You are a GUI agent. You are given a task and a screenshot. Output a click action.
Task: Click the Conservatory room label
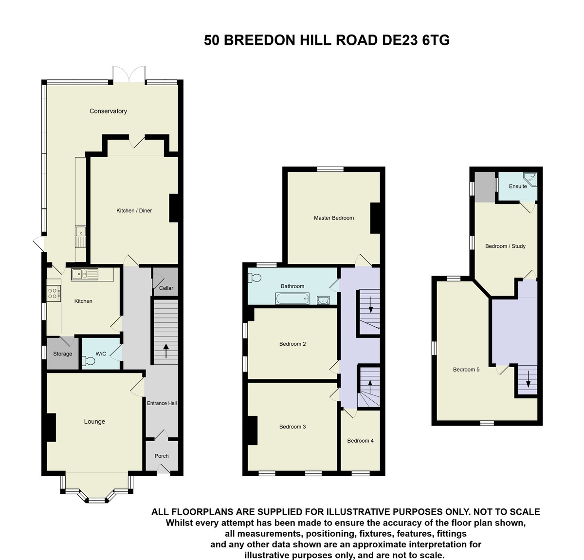pyautogui.click(x=108, y=111)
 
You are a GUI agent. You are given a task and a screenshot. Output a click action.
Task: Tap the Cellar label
pyautogui.click(x=166, y=288)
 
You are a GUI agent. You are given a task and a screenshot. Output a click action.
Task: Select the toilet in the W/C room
pyautogui.click(x=89, y=361)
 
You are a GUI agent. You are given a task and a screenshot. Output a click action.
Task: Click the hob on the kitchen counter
pyautogui.click(x=53, y=293)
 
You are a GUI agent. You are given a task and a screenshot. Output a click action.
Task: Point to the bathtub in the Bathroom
pyautogui.click(x=292, y=299)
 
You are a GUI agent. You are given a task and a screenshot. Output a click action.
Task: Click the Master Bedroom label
pyautogui.click(x=333, y=218)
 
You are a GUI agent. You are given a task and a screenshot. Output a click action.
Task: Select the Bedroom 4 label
pyautogui.click(x=360, y=441)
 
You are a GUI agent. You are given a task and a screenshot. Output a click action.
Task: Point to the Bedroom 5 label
pyautogui.click(x=466, y=370)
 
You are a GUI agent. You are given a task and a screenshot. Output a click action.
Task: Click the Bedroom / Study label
pyautogui.click(x=505, y=246)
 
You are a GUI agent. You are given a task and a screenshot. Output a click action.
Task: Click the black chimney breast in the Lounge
pyautogui.click(x=51, y=428)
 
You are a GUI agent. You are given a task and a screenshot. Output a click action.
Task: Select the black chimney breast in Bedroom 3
pyautogui.click(x=252, y=430)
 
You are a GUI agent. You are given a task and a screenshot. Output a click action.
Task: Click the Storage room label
pyautogui.click(x=63, y=354)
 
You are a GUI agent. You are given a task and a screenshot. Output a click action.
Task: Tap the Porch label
pyautogui.click(x=162, y=456)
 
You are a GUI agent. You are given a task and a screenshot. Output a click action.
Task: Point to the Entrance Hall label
pyautogui.click(x=162, y=403)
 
